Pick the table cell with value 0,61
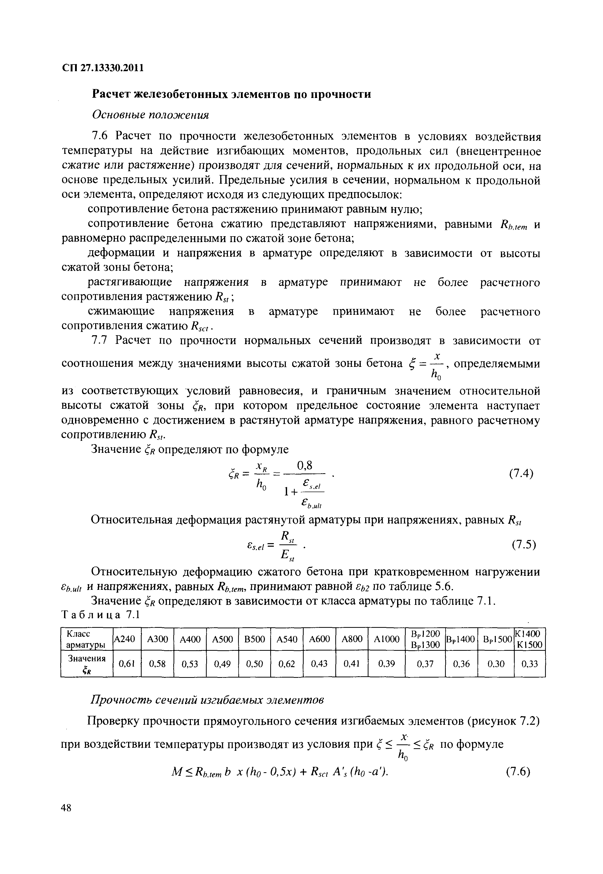[x=127, y=664]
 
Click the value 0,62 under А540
[x=287, y=664]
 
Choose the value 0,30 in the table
[x=496, y=664]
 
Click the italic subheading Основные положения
[x=150, y=115]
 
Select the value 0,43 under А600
[x=319, y=664]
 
